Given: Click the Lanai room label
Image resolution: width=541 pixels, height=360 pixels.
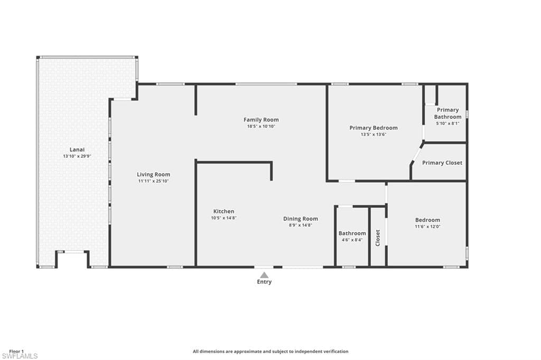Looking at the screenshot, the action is click(x=77, y=150).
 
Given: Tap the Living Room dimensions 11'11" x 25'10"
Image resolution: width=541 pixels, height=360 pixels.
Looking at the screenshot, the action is click(x=154, y=181).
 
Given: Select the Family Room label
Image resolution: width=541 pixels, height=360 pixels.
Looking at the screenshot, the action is click(x=261, y=120).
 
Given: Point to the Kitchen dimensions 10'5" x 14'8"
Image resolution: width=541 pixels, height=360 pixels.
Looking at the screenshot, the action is click(x=224, y=218).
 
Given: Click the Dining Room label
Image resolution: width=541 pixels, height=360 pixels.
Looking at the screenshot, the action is click(x=301, y=219).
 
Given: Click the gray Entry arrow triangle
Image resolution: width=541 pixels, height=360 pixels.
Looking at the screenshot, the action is click(x=264, y=275).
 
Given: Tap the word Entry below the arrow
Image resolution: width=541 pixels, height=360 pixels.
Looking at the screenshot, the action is click(x=264, y=282).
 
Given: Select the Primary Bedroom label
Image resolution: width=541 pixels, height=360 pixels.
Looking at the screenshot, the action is click(x=374, y=128).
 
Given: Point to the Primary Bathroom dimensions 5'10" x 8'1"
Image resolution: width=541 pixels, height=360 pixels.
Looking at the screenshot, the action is click(x=448, y=123).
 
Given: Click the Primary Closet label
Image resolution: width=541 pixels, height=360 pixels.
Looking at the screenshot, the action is click(x=442, y=163).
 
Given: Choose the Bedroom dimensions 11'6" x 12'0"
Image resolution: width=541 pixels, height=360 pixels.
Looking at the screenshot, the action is click(x=427, y=226).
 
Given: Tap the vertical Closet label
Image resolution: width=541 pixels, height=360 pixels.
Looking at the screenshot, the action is click(x=378, y=238).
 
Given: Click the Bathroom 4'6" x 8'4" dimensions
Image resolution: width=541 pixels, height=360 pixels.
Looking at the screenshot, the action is click(x=352, y=240).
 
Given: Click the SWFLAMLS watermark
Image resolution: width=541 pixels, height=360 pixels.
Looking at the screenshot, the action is click(x=19, y=356).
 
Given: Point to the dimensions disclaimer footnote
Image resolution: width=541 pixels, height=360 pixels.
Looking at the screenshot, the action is click(x=270, y=352).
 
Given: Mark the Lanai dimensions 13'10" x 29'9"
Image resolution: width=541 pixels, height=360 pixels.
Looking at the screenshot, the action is click(x=77, y=156).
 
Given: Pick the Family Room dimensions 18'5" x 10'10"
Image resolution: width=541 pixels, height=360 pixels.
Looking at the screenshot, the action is click(x=261, y=126).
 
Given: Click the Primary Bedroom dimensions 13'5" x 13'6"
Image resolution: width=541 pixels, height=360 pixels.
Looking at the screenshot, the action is click(x=374, y=135).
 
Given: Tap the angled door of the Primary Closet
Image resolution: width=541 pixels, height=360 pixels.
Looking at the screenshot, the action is click(x=416, y=154).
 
